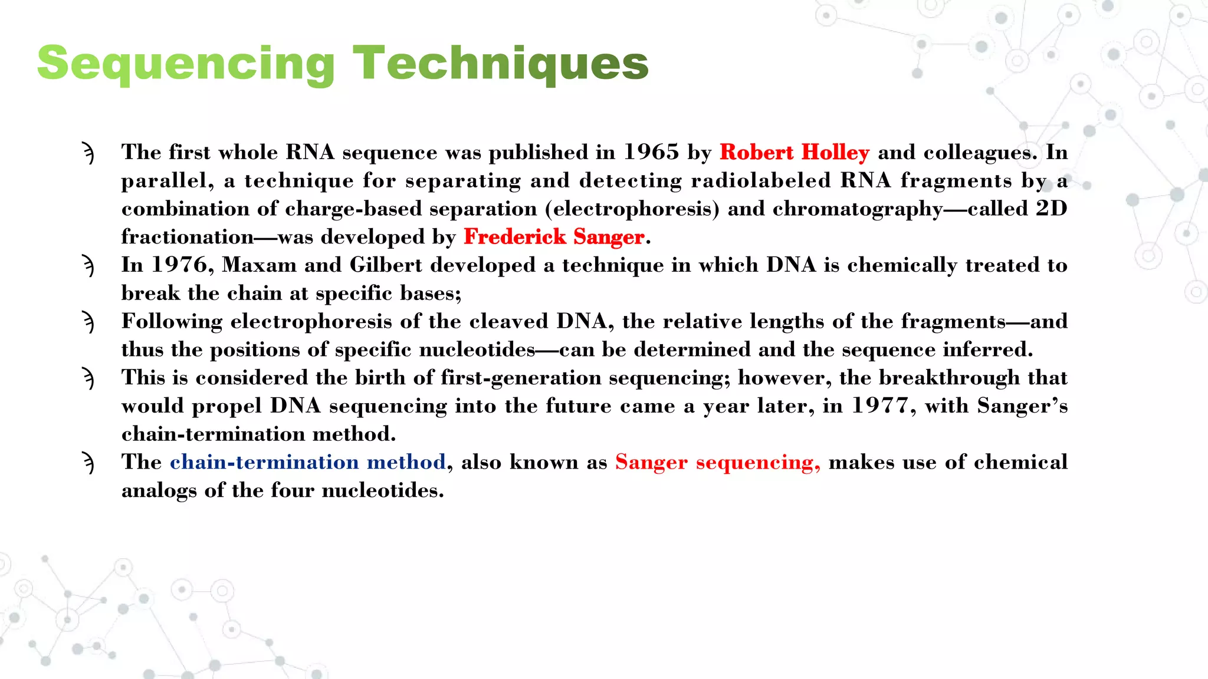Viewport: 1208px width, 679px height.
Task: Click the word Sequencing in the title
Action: tap(186, 64)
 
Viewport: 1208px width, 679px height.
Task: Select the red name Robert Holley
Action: tap(794, 153)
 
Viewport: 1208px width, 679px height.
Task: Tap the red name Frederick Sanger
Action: tap(554, 237)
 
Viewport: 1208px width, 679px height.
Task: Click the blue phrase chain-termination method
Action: tap(307, 462)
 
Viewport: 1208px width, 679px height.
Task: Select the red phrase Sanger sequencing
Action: tap(717, 462)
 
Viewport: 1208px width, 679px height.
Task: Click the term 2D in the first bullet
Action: tap(1051, 209)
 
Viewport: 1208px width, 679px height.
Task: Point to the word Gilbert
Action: tap(386, 265)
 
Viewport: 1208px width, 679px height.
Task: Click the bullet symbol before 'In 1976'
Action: tap(88, 266)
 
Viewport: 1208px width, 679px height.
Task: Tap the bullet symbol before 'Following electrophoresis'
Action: tap(88, 322)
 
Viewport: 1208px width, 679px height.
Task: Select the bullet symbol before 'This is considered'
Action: tap(88, 378)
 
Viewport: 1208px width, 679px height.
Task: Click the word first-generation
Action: tap(521, 378)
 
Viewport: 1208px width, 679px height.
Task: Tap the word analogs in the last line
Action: tap(159, 491)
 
